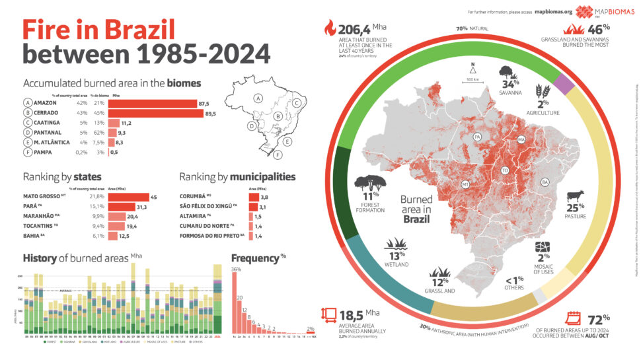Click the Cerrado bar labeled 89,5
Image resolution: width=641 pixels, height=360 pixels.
[153, 113]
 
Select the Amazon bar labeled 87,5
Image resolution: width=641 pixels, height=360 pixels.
[153, 103]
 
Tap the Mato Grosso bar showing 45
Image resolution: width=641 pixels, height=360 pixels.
[129, 196]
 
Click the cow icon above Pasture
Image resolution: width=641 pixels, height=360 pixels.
[576, 197]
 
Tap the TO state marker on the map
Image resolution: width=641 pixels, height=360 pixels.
[505, 169]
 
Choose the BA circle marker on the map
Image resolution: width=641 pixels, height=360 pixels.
[545, 182]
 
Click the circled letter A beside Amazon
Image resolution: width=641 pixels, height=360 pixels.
[28, 103]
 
